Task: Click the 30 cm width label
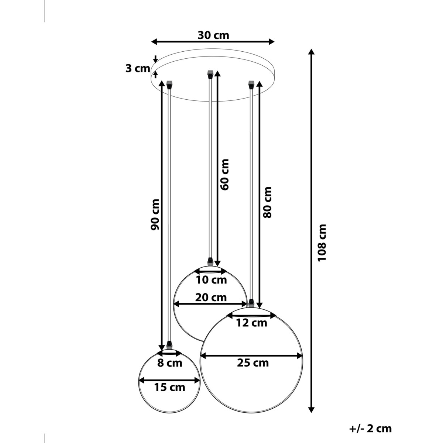click(213, 35)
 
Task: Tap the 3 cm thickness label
click(138, 69)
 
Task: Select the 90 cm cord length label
click(155, 214)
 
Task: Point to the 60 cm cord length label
click(224, 174)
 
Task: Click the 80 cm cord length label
click(267, 202)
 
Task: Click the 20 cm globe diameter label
click(212, 297)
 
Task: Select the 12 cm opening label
click(251, 323)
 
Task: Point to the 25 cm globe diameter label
click(253, 363)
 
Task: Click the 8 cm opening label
click(170, 363)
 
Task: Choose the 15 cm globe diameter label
click(169, 387)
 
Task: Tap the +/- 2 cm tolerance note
click(370, 429)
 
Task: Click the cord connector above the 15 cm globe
click(169, 345)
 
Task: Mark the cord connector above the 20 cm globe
click(210, 261)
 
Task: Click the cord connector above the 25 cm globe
click(251, 303)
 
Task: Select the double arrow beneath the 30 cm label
click(213, 41)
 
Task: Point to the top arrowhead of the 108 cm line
click(312, 52)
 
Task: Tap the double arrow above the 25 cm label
click(251, 356)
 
